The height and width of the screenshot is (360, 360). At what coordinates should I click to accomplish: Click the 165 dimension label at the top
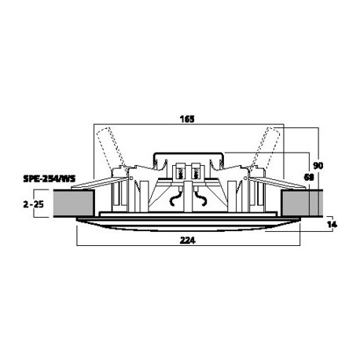click(187, 119)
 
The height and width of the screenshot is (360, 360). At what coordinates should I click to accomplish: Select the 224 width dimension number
click(188, 241)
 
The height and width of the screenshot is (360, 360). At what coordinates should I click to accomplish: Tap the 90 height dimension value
click(318, 166)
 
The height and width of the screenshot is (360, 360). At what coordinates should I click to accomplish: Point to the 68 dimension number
click(309, 178)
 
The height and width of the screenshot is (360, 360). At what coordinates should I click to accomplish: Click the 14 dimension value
click(332, 224)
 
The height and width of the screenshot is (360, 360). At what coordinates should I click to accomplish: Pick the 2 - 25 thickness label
click(34, 204)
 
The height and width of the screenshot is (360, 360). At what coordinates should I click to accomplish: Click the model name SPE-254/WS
click(50, 178)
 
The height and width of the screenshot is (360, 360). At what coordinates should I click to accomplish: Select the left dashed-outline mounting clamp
click(110, 147)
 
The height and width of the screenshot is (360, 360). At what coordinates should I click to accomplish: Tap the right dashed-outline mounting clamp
click(265, 147)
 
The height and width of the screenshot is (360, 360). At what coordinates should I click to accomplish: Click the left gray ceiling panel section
click(74, 204)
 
